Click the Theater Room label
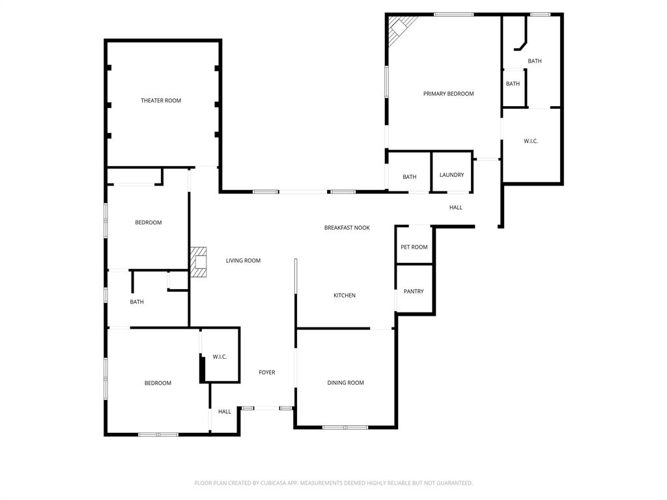click(x=161, y=100)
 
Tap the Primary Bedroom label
click(x=448, y=94)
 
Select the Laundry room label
click(x=451, y=175)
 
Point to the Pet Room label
click(x=414, y=247)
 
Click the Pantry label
click(x=414, y=292)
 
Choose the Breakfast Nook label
click(x=347, y=228)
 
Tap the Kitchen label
click(x=345, y=296)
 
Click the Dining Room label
click(x=345, y=383)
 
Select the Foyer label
click(x=267, y=372)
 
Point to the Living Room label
click(x=243, y=260)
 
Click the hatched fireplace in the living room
click(x=199, y=262)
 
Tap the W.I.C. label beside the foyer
click(x=220, y=357)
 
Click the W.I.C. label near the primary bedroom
click(x=531, y=141)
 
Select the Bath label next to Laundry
click(x=409, y=177)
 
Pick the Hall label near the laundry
click(x=456, y=208)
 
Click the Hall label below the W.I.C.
click(x=225, y=411)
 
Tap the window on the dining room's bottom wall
click(x=346, y=427)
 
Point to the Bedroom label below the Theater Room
click(x=149, y=223)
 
